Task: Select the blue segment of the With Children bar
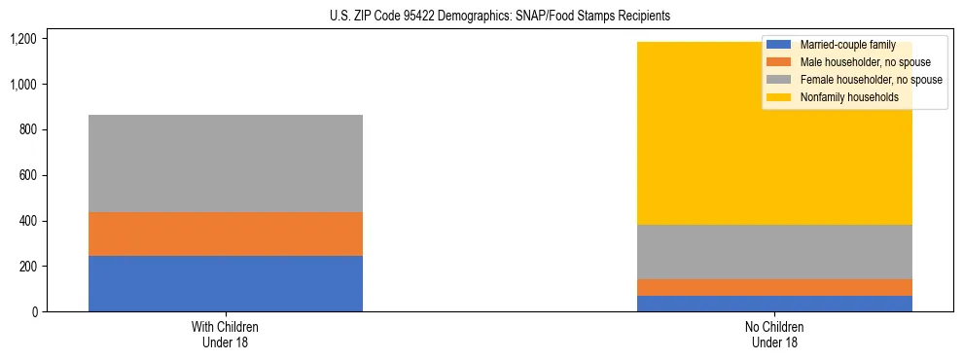click(226, 283)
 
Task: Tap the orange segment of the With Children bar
click(226, 234)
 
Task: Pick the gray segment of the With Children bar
click(226, 163)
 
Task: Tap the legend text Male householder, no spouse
click(865, 62)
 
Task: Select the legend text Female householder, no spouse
click(871, 80)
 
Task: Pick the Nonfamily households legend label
click(849, 97)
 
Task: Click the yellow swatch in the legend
click(779, 97)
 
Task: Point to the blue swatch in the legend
click(779, 45)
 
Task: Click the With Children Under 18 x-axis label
click(226, 335)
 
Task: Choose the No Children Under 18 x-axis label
click(774, 335)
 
